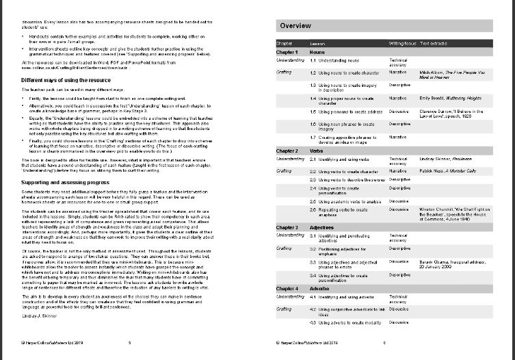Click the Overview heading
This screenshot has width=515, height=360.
tap(296, 25)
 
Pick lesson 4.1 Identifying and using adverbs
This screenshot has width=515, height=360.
tap(346, 297)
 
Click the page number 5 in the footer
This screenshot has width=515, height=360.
tap(129, 342)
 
